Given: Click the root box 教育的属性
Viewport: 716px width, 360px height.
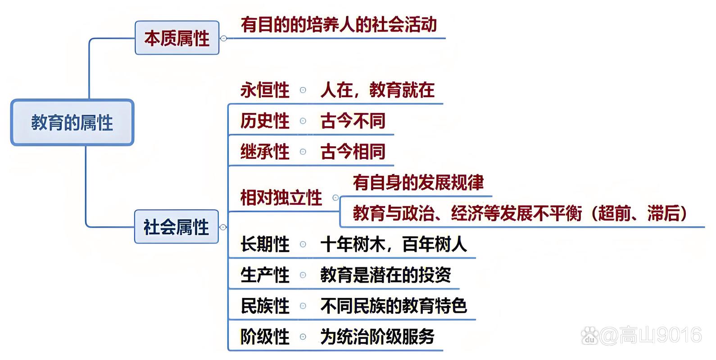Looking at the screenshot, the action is pyautogui.click(x=72, y=122).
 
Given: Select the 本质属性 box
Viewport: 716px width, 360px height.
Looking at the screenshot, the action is pyautogui.click(x=177, y=38).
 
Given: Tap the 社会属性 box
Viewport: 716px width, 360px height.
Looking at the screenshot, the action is pyautogui.click(x=177, y=227).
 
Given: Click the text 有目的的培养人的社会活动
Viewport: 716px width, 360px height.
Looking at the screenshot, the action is pyautogui.click(x=339, y=25).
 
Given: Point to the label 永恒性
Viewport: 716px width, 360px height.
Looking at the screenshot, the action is pyautogui.click(x=265, y=90).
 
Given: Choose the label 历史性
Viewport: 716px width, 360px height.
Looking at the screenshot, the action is pyautogui.click(x=265, y=121).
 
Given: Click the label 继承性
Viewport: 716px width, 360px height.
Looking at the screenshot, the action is pyautogui.click(x=265, y=151).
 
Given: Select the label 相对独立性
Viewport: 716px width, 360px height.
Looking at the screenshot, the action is pyautogui.click(x=281, y=198).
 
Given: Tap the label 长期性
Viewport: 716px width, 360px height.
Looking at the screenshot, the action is pyautogui.click(x=265, y=244).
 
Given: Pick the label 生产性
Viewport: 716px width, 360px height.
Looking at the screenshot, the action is pyautogui.click(x=265, y=275).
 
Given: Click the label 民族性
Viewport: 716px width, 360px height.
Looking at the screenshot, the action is pyautogui.click(x=265, y=306).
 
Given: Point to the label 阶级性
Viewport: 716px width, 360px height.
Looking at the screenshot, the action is pyautogui.click(x=265, y=337).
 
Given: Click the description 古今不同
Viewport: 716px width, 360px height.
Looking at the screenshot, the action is pyautogui.click(x=353, y=121).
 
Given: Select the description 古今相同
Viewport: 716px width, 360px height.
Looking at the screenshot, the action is pyautogui.click(x=353, y=151).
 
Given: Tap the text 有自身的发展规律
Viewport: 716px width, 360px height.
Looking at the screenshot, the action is pyautogui.click(x=418, y=182).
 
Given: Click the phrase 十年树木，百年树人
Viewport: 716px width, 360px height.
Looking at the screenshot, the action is pyautogui.click(x=394, y=244).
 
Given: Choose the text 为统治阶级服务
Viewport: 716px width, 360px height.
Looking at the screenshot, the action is pyautogui.click(x=377, y=337).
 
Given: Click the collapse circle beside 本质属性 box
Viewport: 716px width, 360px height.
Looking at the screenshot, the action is pyautogui.click(x=224, y=38).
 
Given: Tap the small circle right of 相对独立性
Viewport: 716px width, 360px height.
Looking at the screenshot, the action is pyautogui.click(x=335, y=198).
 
